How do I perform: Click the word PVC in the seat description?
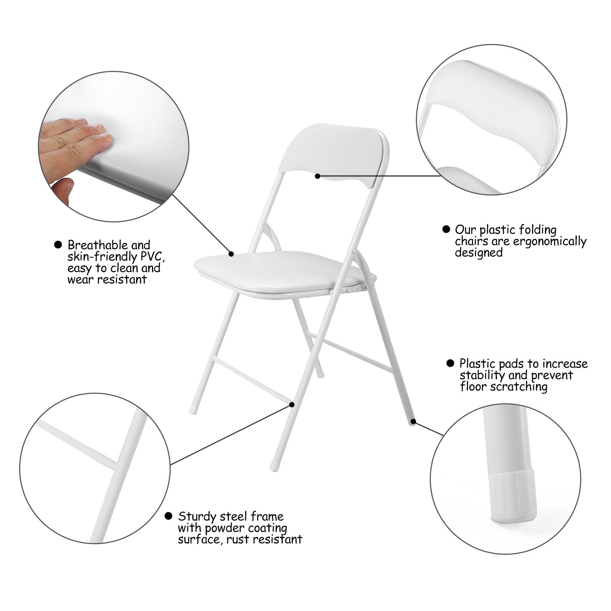(151, 257)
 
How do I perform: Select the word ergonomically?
(549, 241)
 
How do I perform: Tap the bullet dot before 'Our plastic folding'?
(446, 229)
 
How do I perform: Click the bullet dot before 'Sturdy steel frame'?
(168, 516)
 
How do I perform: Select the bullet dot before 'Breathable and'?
(58, 245)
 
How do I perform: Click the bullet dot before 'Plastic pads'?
(450, 363)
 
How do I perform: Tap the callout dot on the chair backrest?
(318, 176)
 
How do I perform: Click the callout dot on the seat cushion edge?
(231, 254)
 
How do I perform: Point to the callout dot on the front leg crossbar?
(292, 404)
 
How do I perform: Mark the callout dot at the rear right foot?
(413, 422)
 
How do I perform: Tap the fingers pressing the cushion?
(77, 134)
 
